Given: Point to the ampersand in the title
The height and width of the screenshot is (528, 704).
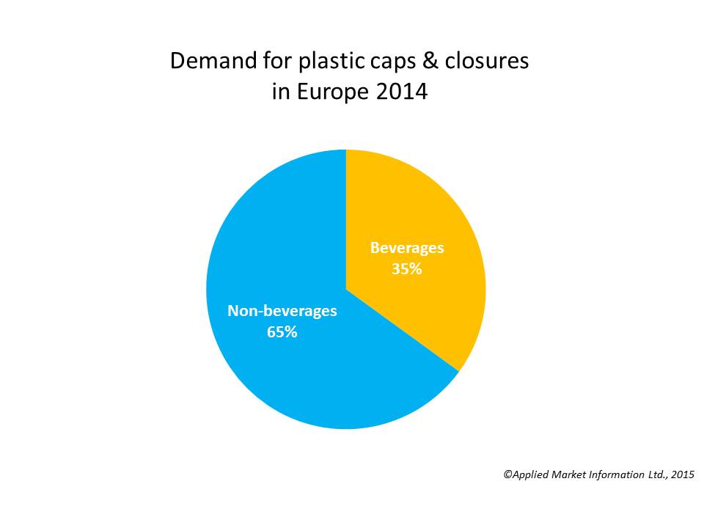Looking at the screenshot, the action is [x=430, y=61].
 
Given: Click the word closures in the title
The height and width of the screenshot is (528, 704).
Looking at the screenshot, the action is [x=487, y=60].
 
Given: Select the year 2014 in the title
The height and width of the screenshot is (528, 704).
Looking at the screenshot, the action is [x=402, y=92].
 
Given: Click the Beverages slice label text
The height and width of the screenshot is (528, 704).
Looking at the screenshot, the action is [x=407, y=249].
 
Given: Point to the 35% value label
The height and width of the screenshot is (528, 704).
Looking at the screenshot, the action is [x=407, y=269].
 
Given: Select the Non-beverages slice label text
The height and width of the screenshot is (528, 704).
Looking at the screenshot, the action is [x=282, y=311].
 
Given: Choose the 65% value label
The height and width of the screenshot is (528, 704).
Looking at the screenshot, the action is [x=282, y=332].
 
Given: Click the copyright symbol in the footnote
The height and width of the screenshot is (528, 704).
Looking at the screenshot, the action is [x=507, y=474].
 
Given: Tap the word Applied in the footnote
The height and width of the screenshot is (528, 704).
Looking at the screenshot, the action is [x=529, y=475].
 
